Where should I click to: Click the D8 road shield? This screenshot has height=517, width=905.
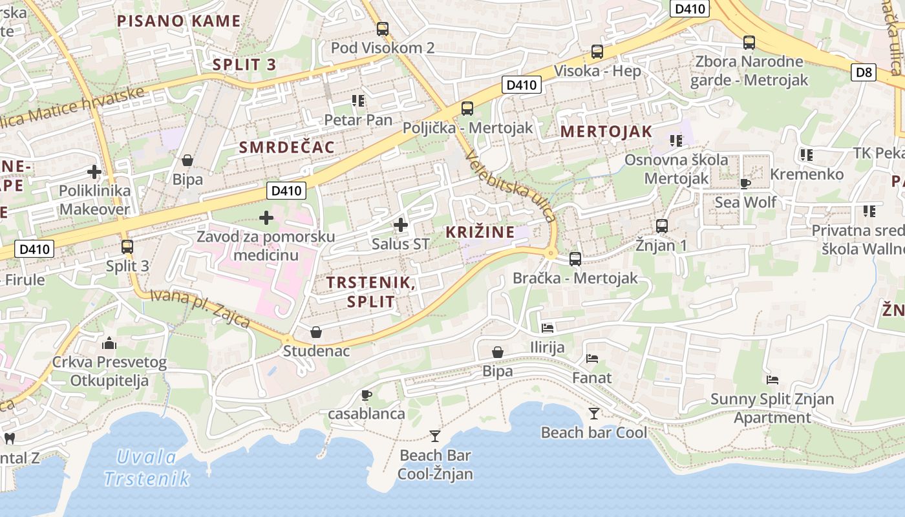click(864, 72)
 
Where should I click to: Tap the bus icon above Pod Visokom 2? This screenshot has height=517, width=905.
click(383, 28)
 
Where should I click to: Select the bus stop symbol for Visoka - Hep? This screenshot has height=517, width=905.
click(597, 52)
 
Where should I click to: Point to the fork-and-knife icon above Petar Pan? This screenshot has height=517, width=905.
click(358, 100)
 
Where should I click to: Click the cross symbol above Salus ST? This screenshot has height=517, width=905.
click(401, 225)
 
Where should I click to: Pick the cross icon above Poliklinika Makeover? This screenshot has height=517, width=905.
click(94, 172)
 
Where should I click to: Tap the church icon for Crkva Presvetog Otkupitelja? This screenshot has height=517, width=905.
click(109, 343)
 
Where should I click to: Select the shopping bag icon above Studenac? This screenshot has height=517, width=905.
click(316, 332)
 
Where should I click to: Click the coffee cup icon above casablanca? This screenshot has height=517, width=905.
click(367, 394)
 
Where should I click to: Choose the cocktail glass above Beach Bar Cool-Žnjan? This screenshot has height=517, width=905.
click(435, 436)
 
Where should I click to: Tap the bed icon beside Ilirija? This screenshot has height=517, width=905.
click(548, 328)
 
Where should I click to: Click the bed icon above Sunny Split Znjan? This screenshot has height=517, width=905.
click(772, 379)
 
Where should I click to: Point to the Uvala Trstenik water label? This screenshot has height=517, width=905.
click(147, 468)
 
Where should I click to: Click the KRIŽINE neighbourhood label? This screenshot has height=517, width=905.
click(480, 232)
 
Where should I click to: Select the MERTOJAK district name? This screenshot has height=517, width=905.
click(606, 131)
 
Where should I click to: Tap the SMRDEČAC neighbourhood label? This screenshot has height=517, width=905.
click(287, 147)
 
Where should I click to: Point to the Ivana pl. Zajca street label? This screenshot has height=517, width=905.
click(200, 308)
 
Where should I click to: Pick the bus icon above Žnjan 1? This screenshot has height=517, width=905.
click(662, 226)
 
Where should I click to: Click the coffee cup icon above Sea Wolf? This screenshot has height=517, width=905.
click(745, 183)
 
